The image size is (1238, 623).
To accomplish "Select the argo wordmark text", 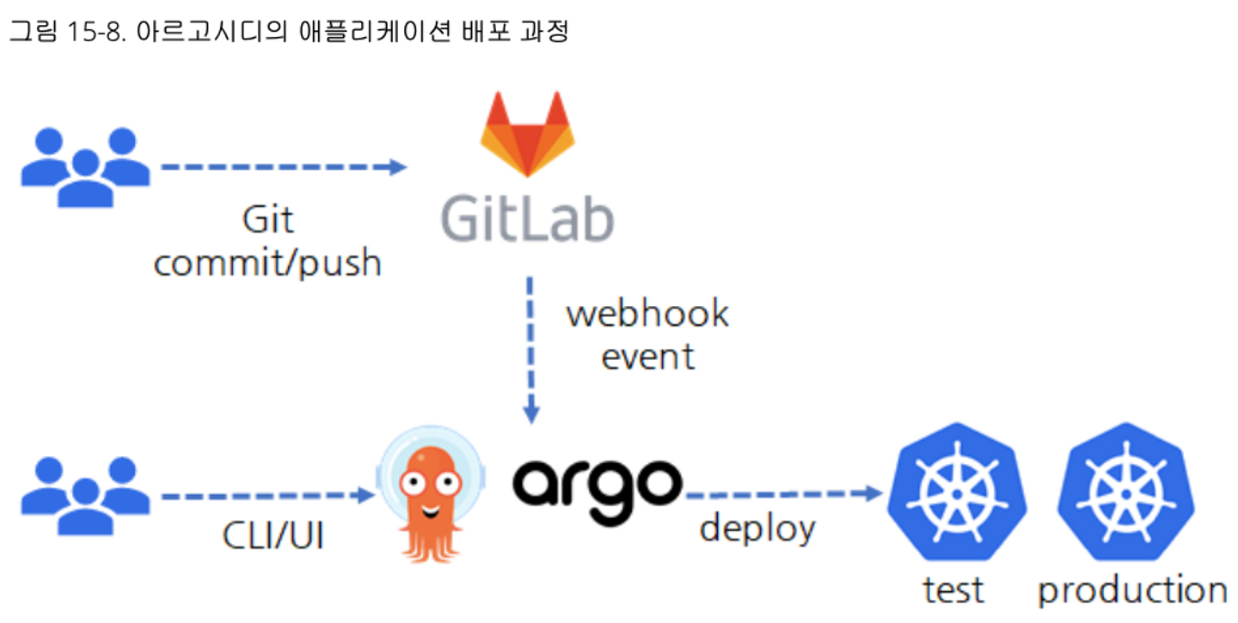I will click(598, 484).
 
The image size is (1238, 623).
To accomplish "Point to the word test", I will click(953, 590).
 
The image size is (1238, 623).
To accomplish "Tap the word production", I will click(1132, 592).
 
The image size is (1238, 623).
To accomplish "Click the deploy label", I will click(757, 528).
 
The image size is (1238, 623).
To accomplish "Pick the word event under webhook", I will click(647, 355).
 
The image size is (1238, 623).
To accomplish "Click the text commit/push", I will click(267, 262).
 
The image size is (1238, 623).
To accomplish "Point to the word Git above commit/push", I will click(267, 220).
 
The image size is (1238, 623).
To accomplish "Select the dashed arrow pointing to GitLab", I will click(284, 167).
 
